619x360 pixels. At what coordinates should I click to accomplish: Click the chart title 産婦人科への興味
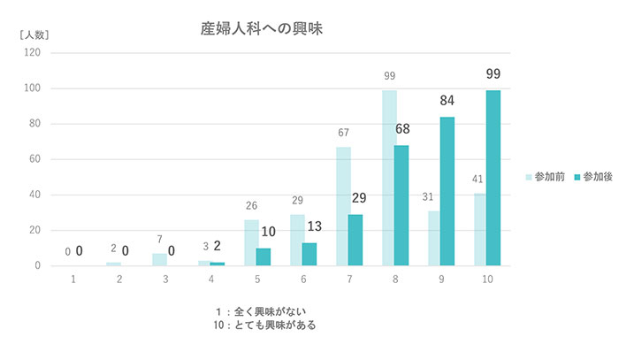(x=260, y=28)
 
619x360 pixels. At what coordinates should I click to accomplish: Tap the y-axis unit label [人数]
(x=34, y=34)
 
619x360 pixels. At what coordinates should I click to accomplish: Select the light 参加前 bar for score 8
(x=389, y=177)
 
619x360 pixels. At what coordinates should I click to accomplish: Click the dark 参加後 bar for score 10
(x=493, y=177)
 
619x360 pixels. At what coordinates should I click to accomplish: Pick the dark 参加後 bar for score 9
(x=447, y=191)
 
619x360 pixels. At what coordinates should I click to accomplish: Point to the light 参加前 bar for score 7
(x=343, y=205)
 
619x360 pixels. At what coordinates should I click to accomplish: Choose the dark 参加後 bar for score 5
(x=264, y=257)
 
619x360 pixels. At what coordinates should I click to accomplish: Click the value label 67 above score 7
(x=343, y=133)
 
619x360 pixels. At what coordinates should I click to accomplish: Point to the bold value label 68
(x=402, y=129)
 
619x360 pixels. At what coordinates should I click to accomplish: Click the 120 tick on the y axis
(x=33, y=53)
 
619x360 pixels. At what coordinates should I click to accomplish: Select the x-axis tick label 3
(x=165, y=280)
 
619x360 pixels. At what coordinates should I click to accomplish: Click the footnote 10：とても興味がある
(x=264, y=325)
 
